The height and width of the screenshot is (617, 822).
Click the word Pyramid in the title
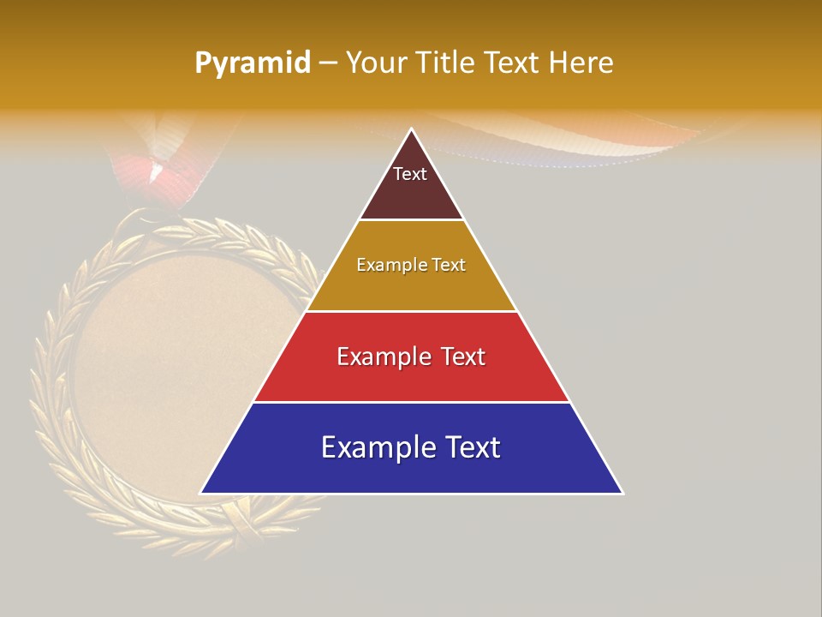pos(252,63)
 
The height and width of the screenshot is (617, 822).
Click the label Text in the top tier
pos(409,174)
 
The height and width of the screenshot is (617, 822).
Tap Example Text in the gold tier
pos(411,265)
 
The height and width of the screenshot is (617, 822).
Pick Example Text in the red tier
pos(411,356)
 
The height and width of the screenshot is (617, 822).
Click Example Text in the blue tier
pos(411,447)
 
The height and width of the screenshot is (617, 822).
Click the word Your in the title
pos(377,63)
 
